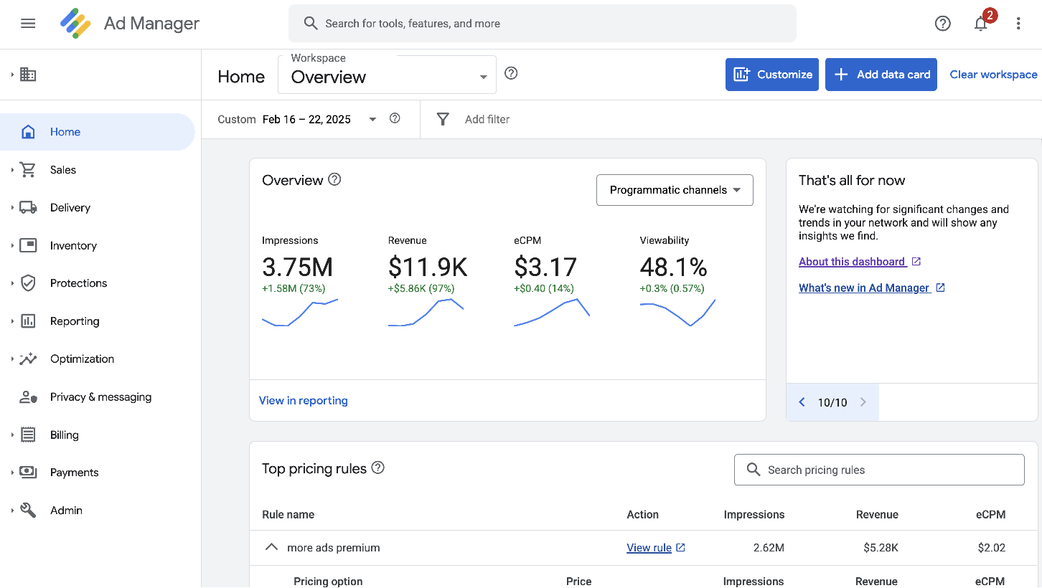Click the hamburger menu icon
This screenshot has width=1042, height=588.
28,24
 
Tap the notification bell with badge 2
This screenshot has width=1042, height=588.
981,24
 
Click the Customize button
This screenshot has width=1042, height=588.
771,75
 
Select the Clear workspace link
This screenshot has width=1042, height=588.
993,75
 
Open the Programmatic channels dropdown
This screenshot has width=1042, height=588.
675,190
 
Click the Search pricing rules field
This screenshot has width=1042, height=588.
879,470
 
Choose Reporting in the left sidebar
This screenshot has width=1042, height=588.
75,321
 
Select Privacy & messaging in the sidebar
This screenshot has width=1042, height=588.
100,397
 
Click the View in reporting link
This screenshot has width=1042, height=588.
303,401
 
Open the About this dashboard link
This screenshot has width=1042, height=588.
852,262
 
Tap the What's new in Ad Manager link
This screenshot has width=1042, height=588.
864,288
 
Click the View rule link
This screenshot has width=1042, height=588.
649,548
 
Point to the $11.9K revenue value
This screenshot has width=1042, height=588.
428,267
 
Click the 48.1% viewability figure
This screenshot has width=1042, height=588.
673,267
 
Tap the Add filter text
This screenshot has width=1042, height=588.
487,120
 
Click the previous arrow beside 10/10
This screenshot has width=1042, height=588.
802,402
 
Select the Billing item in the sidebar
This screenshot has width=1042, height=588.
64,435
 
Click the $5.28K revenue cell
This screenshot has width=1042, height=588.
881,548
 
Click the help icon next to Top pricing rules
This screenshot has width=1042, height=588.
377,468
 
